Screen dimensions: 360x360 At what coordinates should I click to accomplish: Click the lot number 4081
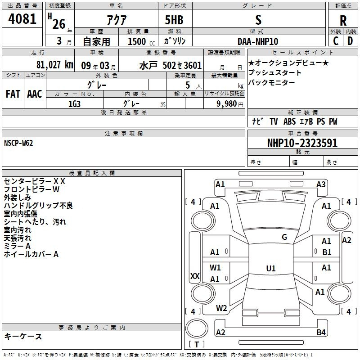point(22,19)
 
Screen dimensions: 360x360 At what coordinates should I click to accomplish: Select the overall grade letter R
point(343,20)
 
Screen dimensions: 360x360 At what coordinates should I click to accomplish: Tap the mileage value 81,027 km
point(54,65)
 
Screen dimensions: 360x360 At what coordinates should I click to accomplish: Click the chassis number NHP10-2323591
point(302,143)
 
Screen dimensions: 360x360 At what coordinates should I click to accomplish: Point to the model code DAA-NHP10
point(258,41)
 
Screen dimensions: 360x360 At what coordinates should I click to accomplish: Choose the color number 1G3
point(74,104)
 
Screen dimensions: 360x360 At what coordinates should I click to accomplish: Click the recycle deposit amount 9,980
point(227,104)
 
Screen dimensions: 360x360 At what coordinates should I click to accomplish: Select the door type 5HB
point(174,20)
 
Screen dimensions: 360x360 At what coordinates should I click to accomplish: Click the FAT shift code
point(13,94)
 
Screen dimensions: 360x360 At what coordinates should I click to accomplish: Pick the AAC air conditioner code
point(35,94)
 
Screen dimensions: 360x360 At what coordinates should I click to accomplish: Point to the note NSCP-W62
point(18,143)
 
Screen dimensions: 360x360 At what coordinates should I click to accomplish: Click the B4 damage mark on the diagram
point(321,332)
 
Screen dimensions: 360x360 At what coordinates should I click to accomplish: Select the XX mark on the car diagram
point(195,276)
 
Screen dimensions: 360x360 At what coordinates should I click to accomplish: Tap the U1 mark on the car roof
point(271,268)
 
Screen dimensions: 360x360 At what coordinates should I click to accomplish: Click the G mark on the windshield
point(284,237)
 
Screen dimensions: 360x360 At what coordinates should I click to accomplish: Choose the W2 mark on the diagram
point(221,308)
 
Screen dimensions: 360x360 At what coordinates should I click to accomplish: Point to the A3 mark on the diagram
point(321,184)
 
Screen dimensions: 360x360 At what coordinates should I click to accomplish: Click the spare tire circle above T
point(197,329)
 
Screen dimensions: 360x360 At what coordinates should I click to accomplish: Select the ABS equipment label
point(289,121)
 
